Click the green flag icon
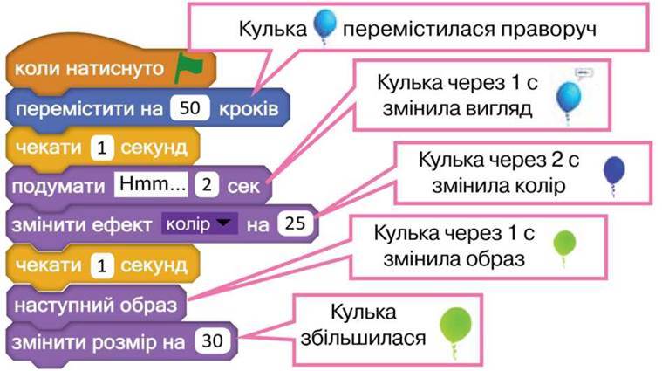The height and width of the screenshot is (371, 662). click(x=188, y=66)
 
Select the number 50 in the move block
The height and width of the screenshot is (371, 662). click(x=189, y=108)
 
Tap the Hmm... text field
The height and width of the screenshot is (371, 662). click(x=151, y=184)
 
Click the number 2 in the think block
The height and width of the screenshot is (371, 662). click(x=207, y=185)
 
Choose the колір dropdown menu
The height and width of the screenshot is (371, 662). click(x=199, y=223)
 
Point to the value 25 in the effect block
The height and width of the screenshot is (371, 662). click(x=295, y=223)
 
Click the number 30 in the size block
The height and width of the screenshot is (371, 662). click(x=212, y=340)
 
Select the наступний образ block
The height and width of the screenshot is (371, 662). click(x=96, y=305)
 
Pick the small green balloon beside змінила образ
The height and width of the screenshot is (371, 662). click(x=564, y=248)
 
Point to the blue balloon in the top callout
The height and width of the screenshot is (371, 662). click(x=324, y=26)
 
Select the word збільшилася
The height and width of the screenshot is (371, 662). click(x=363, y=338)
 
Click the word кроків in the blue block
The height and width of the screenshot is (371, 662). click(x=249, y=109)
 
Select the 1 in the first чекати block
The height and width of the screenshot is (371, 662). click(x=102, y=148)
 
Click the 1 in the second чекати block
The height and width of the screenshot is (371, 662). click(x=102, y=265)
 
